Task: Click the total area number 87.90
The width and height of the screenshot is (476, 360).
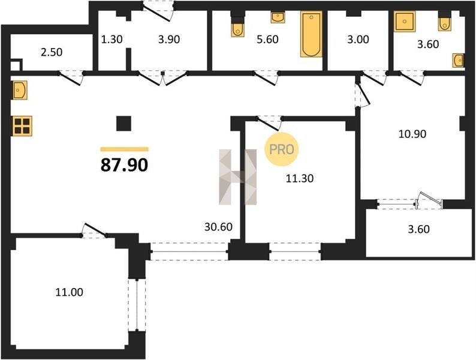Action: tap(124, 165)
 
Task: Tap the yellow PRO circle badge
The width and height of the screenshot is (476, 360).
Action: tap(281, 149)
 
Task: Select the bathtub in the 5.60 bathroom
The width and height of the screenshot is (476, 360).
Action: tap(311, 34)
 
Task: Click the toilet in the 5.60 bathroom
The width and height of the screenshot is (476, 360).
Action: tap(237, 30)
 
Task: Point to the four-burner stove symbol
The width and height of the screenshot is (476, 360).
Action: tap(22, 126)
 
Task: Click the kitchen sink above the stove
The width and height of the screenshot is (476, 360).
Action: tap(20, 90)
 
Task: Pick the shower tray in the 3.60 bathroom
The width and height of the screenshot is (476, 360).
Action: tap(404, 21)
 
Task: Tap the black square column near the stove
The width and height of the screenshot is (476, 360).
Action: tap(124, 124)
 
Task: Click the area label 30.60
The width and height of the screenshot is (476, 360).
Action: tap(218, 227)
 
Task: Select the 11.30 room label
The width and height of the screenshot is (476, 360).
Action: tap(300, 178)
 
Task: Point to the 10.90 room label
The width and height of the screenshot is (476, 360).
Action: tap(412, 134)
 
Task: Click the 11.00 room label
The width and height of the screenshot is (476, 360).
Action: tap(69, 292)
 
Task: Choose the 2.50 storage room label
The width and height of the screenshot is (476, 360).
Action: tap(52, 52)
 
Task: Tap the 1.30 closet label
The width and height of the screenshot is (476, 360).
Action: tap(112, 39)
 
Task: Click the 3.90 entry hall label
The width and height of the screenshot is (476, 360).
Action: tap(169, 39)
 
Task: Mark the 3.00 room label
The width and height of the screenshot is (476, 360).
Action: tap(358, 39)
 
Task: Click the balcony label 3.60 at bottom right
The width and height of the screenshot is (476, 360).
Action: tap(419, 229)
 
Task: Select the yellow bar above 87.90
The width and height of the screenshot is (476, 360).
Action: tap(125, 149)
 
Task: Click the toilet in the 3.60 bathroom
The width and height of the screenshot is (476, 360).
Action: tap(444, 23)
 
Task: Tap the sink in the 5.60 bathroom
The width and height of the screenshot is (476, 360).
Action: tap(278, 17)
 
